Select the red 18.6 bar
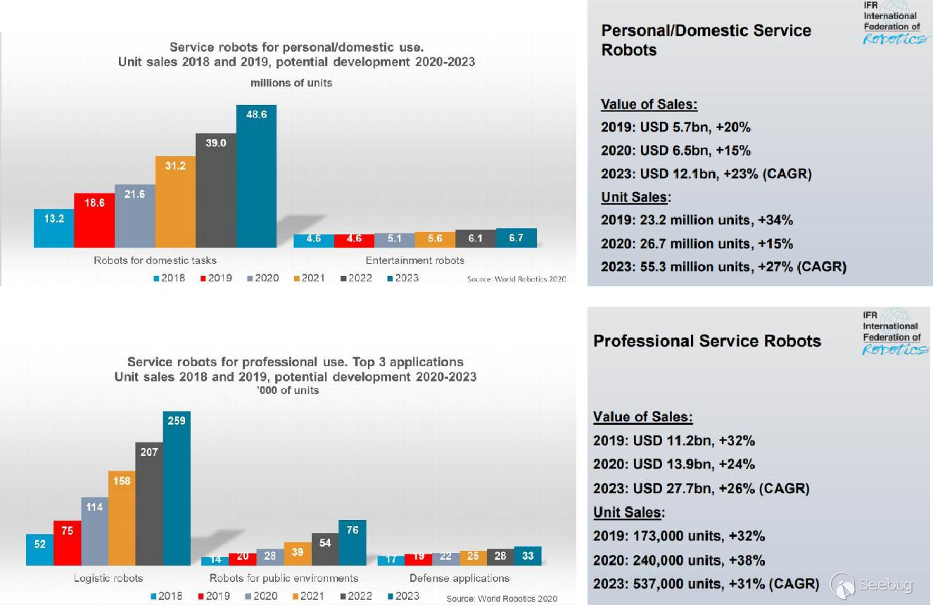pyautogui.click(x=94, y=219)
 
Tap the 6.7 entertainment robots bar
pyautogui.click(x=516, y=238)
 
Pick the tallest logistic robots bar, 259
pyautogui.click(x=176, y=488)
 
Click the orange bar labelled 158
pyautogui.click(x=122, y=518)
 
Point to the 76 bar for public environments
pyautogui.click(x=353, y=542)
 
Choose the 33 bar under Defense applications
pyautogui.click(x=528, y=556)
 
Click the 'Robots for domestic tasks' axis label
pyautogui.click(x=155, y=260)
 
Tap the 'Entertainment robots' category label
pyautogui.click(x=414, y=260)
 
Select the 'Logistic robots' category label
pyautogui.click(x=108, y=578)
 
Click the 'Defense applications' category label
pyautogui.click(x=459, y=578)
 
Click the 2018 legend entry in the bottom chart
pyautogui.click(x=167, y=597)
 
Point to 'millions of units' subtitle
pyautogui.click(x=291, y=83)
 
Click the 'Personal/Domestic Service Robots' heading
pyautogui.click(x=706, y=40)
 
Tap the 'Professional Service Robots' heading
pyautogui.click(x=707, y=341)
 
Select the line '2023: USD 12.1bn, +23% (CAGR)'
pyautogui.click(x=706, y=174)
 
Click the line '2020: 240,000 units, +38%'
pyautogui.click(x=679, y=561)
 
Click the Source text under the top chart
pyautogui.click(x=516, y=279)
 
